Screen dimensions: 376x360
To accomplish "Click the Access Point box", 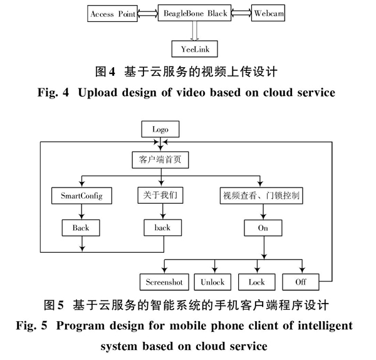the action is (x=112, y=13).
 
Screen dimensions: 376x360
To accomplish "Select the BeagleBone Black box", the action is (x=194, y=13).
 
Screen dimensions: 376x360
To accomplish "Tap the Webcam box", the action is (x=268, y=13).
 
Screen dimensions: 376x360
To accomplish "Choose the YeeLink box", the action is (x=195, y=49).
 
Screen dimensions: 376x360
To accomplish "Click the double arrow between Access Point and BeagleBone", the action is (x=148, y=13).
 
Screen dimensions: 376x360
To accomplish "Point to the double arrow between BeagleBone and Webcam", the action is (x=241, y=13).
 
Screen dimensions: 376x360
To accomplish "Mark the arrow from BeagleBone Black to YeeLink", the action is (x=194, y=31).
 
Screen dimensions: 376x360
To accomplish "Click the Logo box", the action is (x=160, y=129).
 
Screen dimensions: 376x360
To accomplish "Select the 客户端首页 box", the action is (x=160, y=160).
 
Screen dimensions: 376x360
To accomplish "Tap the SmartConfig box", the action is (x=81, y=196).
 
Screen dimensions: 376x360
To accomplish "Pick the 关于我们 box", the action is (x=160, y=195).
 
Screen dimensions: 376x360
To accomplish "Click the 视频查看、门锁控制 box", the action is (x=261, y=196).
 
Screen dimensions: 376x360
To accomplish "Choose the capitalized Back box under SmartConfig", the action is (x=81, y=228).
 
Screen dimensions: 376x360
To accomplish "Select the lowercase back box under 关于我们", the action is (x=163, y=228).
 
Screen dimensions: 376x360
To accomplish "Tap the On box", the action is (x=263, y=228).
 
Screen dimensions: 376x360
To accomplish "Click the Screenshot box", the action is (x=164, y=282).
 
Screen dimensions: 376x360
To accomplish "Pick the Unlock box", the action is (x=212, y=282).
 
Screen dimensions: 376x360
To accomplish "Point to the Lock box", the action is (x=257, y=282).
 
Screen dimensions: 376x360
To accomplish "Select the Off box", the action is (x=301, y=282).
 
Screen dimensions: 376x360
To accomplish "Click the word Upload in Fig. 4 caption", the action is (x=98, y=93).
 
